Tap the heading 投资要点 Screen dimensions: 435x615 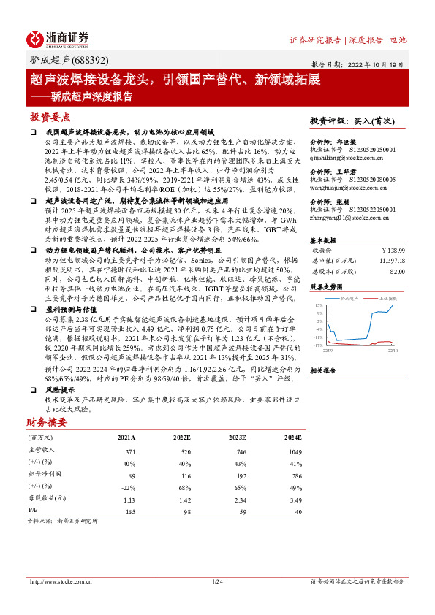[x=50, y=117]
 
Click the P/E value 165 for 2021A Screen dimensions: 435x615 [x=131, y=511]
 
